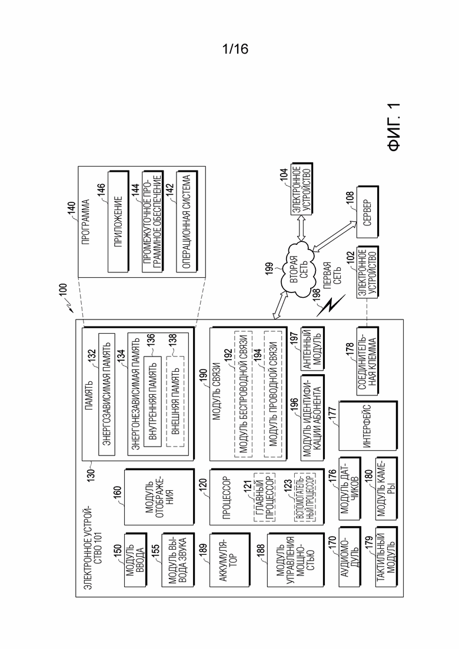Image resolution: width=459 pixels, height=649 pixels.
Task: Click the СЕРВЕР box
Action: [x=368, y=212]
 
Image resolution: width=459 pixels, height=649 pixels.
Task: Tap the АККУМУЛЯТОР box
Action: [x=229, y=560]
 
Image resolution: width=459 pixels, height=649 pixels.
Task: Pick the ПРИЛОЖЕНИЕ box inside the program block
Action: [x=118, y=221]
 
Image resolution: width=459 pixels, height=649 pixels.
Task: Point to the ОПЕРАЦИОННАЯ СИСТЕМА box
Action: [x=187, y=221]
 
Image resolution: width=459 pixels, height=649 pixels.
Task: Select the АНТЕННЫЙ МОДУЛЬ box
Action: [x=313, y=348]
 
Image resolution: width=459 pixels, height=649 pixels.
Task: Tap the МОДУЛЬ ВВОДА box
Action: [x=135, y=560]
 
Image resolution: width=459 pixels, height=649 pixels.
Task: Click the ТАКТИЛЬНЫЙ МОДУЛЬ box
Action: [x=387, y=557]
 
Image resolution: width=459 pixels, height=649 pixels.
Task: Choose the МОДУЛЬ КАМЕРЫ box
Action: [x=387, y=488]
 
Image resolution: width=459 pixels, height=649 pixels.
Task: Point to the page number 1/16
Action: [x=235, y=49]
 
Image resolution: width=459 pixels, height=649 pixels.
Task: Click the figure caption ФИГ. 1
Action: [x=395, y=127]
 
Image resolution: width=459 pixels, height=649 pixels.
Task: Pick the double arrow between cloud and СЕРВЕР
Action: [x=334, y=236]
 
